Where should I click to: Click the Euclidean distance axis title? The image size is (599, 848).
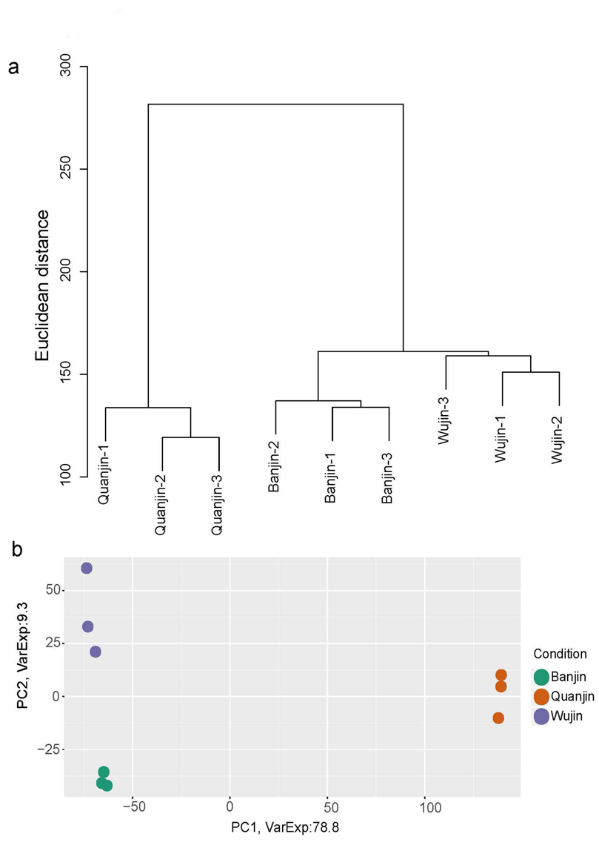[x=42, y=285]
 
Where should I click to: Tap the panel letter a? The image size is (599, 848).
[x=13, y=67]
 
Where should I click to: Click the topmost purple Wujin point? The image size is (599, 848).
[x=87, y=568]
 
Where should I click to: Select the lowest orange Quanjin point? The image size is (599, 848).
[x=498, y=718]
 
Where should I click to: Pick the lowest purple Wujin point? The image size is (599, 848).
[x=96, y=652]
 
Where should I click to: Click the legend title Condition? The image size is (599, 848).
[x=559, y=654]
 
